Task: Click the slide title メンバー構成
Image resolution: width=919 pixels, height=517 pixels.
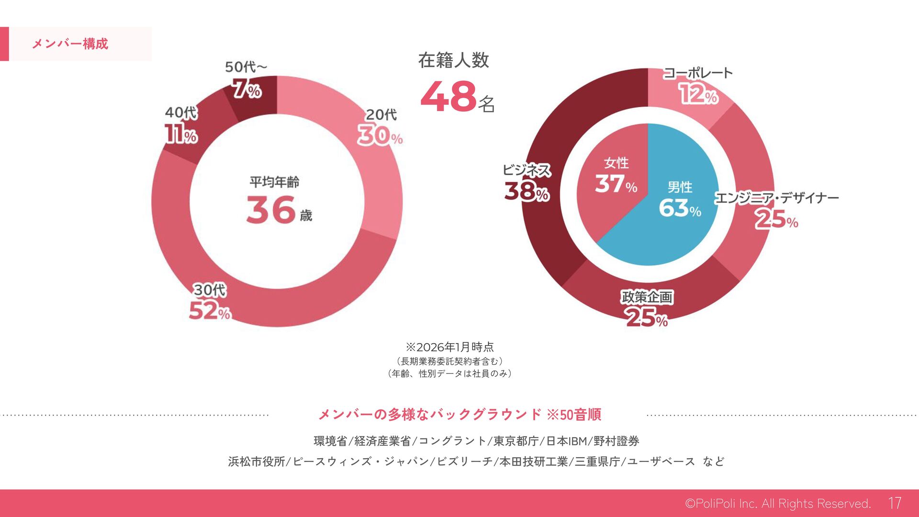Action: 70,44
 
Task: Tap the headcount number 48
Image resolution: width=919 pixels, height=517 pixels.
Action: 448,97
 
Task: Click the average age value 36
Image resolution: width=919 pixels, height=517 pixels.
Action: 271,210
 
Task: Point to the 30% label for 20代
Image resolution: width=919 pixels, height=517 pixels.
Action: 380,135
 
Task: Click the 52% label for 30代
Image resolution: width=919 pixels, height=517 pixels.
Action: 210,311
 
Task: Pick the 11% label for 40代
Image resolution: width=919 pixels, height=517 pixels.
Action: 180,134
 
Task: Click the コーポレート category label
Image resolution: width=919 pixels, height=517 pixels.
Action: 697,73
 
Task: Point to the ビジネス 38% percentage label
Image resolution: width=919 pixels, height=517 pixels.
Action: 526,191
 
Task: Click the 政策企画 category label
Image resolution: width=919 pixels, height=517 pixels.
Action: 647,297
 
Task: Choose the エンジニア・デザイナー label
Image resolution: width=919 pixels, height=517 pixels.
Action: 776,198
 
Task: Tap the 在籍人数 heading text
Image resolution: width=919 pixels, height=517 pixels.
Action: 453,61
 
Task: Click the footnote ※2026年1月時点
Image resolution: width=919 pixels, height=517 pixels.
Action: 449,347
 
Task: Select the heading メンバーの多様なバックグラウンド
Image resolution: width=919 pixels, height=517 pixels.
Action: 430,415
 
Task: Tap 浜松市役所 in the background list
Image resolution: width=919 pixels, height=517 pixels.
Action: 257,461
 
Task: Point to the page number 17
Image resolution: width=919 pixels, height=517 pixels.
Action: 895,503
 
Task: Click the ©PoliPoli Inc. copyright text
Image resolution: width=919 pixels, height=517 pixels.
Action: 777,504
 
